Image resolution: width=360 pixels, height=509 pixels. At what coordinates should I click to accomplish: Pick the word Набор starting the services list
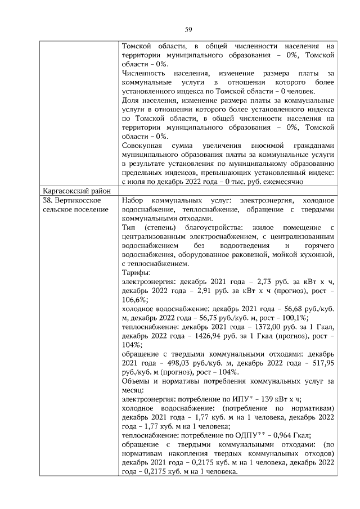133,200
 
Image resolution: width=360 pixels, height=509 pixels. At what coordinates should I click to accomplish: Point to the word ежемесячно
276,182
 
